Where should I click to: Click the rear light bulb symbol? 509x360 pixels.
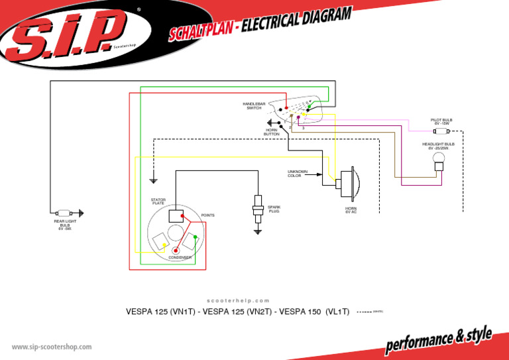pos(66,213)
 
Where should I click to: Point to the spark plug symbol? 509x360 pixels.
pos(258,209)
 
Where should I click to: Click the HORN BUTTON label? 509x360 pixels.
pos(272,132)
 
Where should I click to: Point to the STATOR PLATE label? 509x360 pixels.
pos(158,201)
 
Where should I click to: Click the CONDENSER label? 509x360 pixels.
pos(180,257)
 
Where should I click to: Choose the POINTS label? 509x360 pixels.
pos(207,215)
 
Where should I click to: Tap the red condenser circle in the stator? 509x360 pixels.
pos(176,251)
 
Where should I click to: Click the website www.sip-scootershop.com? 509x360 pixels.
pos(52,346)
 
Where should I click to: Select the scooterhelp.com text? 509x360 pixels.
pos(239,300)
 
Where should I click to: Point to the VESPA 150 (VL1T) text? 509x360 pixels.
pos(315,312)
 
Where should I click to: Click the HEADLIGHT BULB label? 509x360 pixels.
pos(438,145)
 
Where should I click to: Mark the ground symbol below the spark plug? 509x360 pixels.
pos(258,231)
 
